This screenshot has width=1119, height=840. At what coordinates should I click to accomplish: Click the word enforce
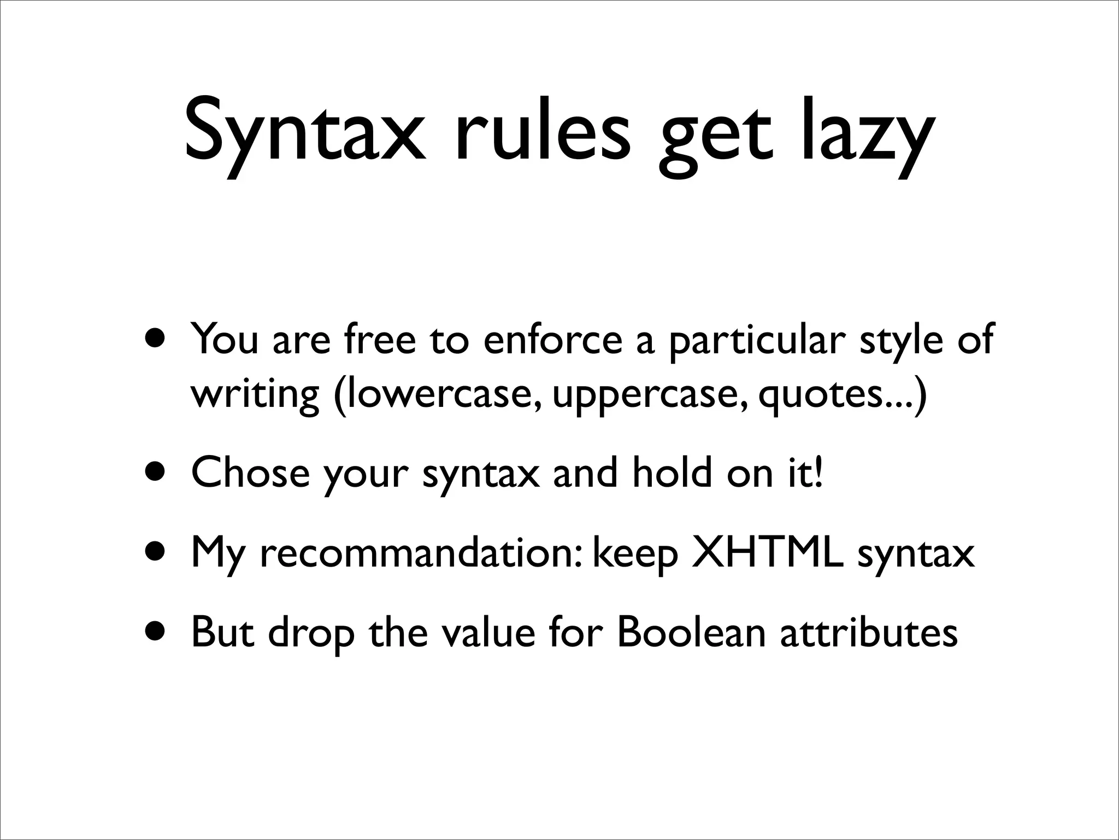pos(553,339)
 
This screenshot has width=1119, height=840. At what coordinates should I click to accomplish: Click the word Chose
pos(250,472)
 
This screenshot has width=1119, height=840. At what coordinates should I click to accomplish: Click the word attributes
pos(869,632)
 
